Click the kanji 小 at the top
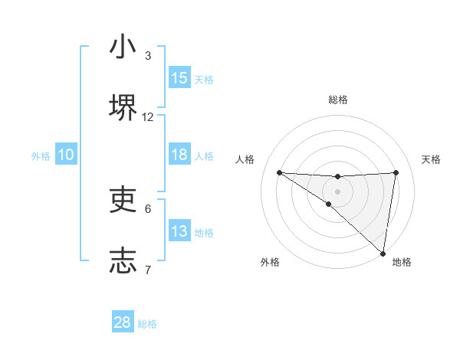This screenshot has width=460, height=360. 123,47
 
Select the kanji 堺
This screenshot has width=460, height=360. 123,107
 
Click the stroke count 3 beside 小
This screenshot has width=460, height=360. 148,56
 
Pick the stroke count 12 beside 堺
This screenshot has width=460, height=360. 148,117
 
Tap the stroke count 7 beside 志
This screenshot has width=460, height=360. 148,270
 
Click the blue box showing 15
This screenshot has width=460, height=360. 179,78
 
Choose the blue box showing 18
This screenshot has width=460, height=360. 179,155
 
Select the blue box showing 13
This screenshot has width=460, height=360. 179,231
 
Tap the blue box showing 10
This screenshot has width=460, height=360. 66,155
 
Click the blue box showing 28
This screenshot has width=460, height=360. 123,322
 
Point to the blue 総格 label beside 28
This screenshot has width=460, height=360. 147,324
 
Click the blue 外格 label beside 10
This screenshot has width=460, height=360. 41,155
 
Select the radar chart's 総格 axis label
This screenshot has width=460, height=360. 337,100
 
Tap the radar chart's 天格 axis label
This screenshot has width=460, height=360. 432,159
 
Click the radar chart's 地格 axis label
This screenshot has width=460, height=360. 402,262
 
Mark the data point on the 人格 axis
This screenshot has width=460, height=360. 279,172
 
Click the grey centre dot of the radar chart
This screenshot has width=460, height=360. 337,191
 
